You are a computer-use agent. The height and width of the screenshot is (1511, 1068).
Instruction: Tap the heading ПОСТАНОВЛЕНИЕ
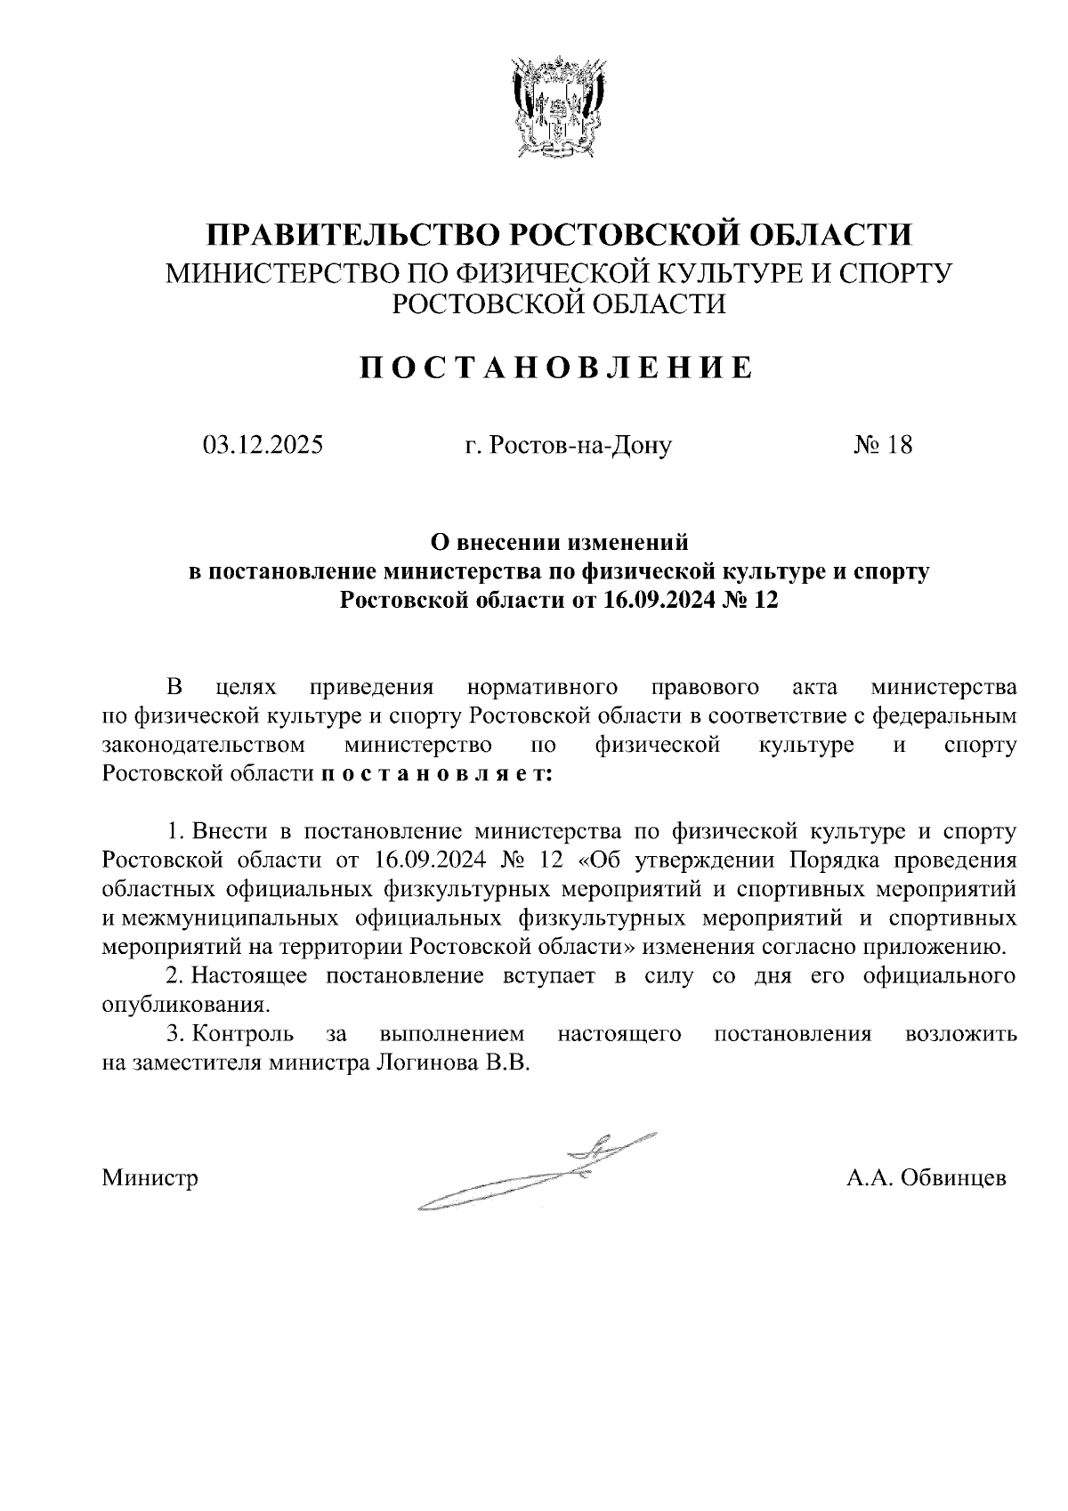555,368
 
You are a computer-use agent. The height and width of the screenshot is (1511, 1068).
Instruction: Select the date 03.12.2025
263,445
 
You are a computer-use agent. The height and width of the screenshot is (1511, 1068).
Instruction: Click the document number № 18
883,445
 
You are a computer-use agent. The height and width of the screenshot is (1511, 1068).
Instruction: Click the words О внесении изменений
560,541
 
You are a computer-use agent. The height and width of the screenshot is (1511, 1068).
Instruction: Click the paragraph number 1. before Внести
176,832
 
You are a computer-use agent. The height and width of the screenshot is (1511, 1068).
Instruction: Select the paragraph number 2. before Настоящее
176,976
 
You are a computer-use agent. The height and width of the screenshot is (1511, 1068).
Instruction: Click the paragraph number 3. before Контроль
176,1034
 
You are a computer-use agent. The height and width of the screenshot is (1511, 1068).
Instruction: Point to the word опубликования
184,1006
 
